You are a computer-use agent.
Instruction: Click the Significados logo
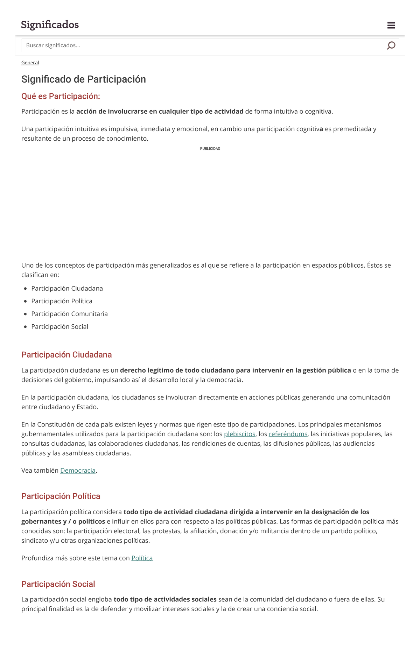pyautogui.click(x=50, y=25)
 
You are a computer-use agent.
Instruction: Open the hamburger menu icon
pyautogui.click(x=391, y=25)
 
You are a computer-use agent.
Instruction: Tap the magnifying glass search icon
pyautogui.click(x=391, y=45)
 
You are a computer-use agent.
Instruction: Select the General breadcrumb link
pyautogui.click(x=30, y=63)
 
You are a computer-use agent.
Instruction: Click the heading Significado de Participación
pyautogui.click(x=84, y=79)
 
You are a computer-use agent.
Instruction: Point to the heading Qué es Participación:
pyautogui.click(x=61, y=96)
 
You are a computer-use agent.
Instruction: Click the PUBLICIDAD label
pyautogui.click(x=210, y=149)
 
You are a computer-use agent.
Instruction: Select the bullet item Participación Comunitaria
pyautogui.click(x=69, y=314)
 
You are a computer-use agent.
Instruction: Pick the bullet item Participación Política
pyautogui.click(x=62, y=301)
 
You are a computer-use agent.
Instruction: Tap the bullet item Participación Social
pyautogui.click(x=59, y=327)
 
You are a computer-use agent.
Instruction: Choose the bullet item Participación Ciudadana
pyautogui.click(x=67, y=289)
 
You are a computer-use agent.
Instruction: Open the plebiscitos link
pyautogui.click(x=239, y=434)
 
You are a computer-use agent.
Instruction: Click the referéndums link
pyautogui.click(x=288, y=434)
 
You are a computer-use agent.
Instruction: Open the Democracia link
pyautogui.click(x=78, y=471)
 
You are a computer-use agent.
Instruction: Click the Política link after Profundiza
pyautogui.click(x=142, y=558)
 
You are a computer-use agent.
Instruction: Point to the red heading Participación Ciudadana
pyautogui.click(x=66, y=355)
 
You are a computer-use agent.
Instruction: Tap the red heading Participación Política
pyautogui.click(x=61, y=496)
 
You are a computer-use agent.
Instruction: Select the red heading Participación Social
pyautogui.click(x=58, y=584)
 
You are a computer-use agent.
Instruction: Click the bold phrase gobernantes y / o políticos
pyautogui.click(x=63, y=522)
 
